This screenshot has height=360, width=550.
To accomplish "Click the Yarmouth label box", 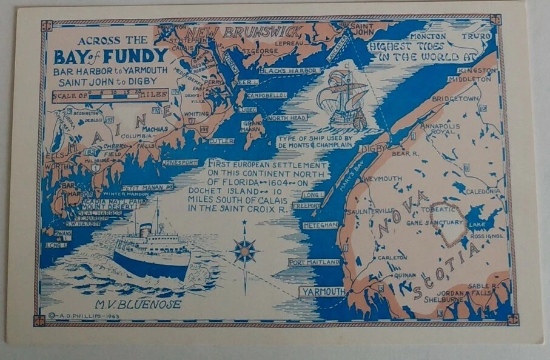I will point(321,292).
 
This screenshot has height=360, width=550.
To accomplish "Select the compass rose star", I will point(245,250).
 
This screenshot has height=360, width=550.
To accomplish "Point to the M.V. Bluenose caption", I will point(137,304).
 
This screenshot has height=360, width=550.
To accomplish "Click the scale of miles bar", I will point(110,95).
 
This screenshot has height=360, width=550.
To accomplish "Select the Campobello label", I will point(266,96).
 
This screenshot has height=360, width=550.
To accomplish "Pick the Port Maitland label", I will point(314,262).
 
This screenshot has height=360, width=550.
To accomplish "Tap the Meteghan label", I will point(320,225).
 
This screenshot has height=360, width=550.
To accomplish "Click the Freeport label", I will point(306,206).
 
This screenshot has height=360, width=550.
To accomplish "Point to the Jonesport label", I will point(180,162).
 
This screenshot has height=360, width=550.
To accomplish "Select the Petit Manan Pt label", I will point(147,188).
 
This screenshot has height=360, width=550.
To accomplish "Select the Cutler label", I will point(221,141).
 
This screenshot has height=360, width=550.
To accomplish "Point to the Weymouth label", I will point(383,179).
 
